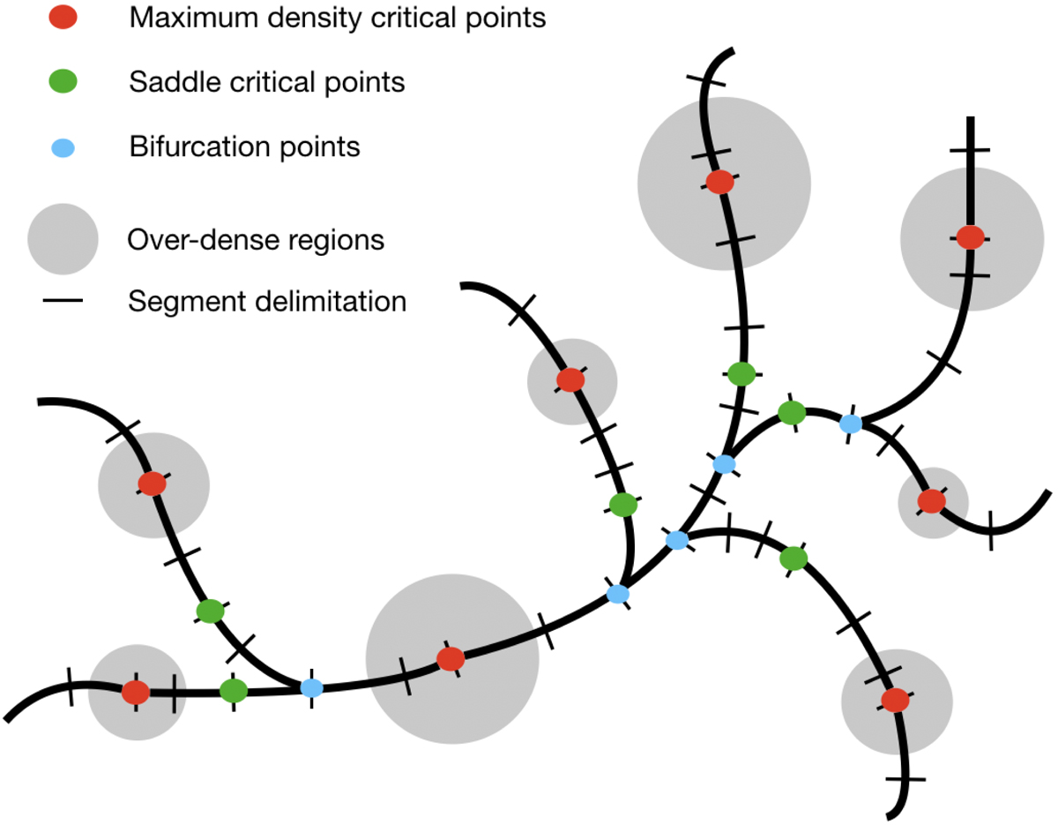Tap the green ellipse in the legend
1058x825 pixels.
tap(63, 83)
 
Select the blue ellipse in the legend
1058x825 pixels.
tap(63, 146)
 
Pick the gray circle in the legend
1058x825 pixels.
tap(63, 239)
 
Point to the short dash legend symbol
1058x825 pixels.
tap(63, 302)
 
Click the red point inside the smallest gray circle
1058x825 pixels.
tap(931, 501)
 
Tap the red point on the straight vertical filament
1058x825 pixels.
tap(970, 237)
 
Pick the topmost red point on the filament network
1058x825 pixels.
tap(719, 183)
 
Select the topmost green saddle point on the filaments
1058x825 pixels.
tap(741, 374)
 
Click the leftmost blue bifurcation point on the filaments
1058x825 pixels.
tap(311, 688)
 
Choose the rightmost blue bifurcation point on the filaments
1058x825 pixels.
tap(851, 424)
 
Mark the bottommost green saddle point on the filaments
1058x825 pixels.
tap(233, 689)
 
